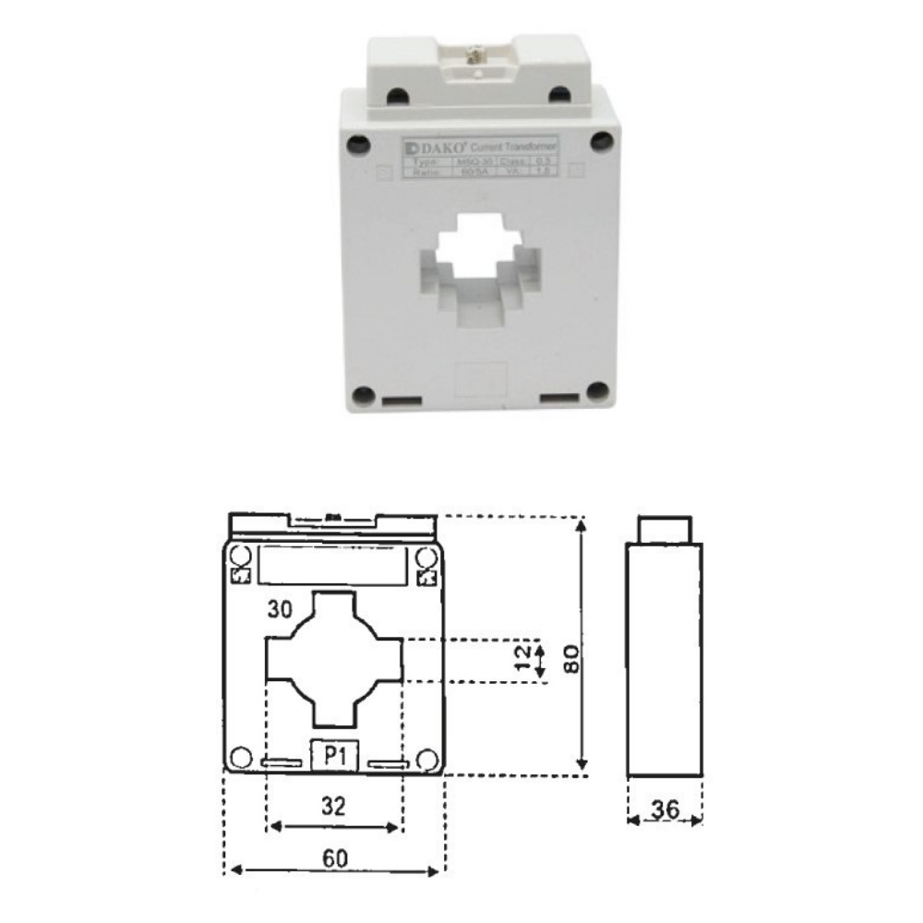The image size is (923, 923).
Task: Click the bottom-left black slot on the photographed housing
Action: [x=402, y=402]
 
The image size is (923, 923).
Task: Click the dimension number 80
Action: [x=571, y=658]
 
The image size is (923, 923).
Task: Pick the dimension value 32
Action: [x=334, y=806]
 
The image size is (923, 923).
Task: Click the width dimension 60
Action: [x=336, y=857]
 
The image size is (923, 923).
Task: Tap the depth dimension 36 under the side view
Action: [x=665, y=809]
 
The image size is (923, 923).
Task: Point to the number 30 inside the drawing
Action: [x=281, y=609]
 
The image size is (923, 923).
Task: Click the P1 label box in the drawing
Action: [x=335, y=756]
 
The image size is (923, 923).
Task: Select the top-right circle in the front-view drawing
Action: [x=426, y=557]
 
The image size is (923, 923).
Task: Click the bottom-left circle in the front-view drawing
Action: [x=240, y=758]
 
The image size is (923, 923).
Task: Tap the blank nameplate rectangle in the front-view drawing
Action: [x=333, y=564]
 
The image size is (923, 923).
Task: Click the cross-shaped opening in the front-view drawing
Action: [x=334, y=658]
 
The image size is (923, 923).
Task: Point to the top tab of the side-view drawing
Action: [x=665, y=530]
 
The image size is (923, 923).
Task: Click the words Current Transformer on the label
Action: [x=514, y=148]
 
